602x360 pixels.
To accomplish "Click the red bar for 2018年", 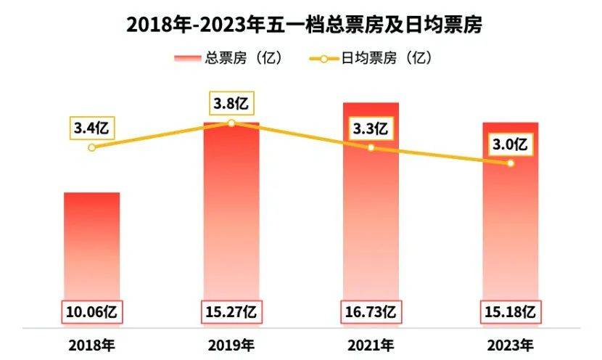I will pos(91,247).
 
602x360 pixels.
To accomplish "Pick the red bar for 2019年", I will pos(231,218).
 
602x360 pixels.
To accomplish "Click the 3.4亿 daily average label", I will pos(91,128).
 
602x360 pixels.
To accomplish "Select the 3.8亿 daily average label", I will pos(231,103).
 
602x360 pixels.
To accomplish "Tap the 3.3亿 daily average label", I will pos(371,129).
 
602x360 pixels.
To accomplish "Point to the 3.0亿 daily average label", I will pos(511,144).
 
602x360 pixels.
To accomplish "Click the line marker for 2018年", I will pos(91,147).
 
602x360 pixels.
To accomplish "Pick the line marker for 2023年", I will pos(511,163).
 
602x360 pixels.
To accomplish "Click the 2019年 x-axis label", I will pos(231,343).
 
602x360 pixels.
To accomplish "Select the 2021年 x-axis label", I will pos(371,343).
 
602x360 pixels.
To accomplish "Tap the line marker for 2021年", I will pos(371,147).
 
